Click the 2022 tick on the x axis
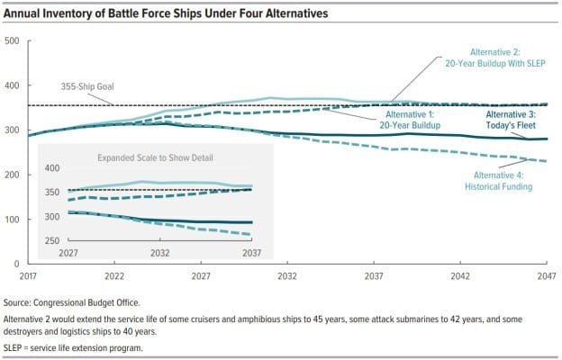114,274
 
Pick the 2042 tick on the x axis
460,274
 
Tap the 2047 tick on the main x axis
542,274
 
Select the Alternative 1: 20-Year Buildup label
418,121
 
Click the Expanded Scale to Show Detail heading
149,158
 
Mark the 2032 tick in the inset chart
159,254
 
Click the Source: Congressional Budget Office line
85,303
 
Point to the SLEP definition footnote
87,347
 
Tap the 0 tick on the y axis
18,263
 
